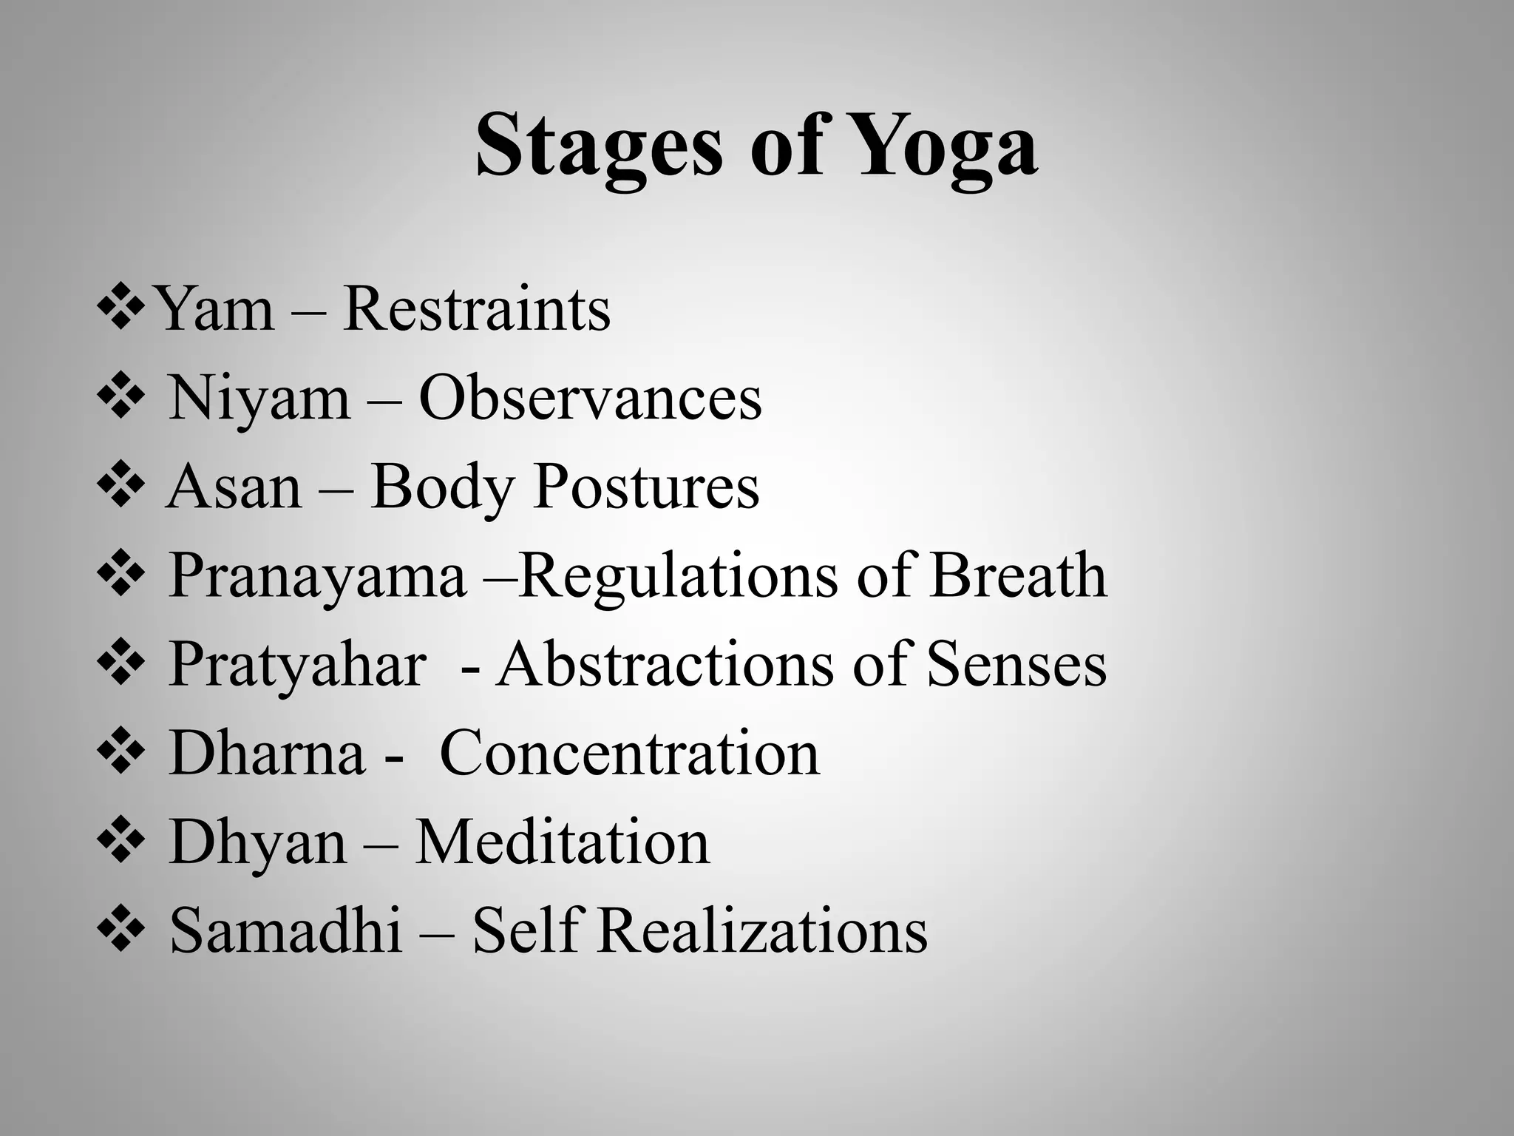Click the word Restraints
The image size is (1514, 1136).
click(477, 309)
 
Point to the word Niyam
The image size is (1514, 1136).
click(259, 399)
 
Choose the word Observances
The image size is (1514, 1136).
click(590, 399)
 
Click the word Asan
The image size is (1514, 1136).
click(234, 488)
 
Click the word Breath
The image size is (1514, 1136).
click(1018, 575)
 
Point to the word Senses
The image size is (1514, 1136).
click(1016, 664)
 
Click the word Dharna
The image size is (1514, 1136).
click(267, 753)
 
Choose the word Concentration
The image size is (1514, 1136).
click(629, 753)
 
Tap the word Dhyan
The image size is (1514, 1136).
click(257, 843)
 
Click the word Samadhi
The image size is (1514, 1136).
click(285, 930)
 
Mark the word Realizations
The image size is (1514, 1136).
click(762, 930)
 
